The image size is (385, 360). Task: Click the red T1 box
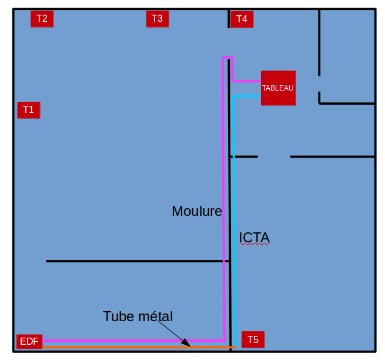click(29, 109)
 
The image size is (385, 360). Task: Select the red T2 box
click(42, 19)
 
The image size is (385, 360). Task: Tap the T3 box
click(157, 19)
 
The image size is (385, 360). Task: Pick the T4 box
click(242, 19)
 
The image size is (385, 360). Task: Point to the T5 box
click(253, 339)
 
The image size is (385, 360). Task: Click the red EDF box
click(29, 341)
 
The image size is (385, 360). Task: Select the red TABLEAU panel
click(278, 88)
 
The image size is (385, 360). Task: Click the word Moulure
click(196, 211)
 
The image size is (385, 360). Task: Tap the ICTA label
click(254, 238)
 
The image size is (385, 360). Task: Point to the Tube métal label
click(138, 316)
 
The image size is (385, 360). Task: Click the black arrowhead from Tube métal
click(186, 342)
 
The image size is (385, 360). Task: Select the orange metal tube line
click(118, 348)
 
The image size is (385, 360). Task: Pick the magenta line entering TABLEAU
click(247, 81)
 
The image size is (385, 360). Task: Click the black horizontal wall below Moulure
click(135, 261)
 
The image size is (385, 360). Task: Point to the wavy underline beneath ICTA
click(254, 245)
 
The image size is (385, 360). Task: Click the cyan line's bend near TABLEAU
click(235, 96)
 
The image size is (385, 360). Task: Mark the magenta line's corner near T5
click(224, 340)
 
